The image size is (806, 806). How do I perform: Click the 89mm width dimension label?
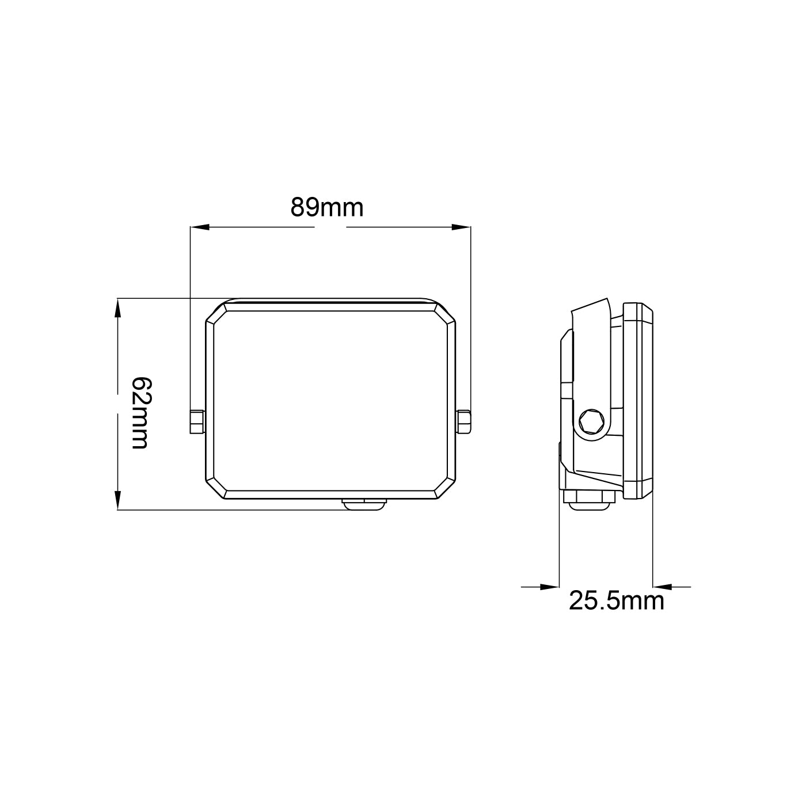[326, 208]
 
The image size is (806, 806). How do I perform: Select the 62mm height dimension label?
[141, 413]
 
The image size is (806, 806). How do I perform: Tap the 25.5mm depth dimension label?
[617, 601]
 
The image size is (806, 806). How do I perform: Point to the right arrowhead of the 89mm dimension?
[462, 227]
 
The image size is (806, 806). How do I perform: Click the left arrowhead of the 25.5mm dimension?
[550, 587]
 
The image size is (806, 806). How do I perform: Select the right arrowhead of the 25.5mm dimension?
[661, 587]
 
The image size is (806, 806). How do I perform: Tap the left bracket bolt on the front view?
[196, 421]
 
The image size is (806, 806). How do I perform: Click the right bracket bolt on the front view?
[465, 421]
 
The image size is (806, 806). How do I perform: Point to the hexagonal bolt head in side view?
[591, 421]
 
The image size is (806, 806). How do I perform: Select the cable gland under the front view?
[365, 504]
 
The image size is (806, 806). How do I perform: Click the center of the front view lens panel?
[330, 401]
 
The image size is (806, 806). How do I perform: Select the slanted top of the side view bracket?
[590, 306]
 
